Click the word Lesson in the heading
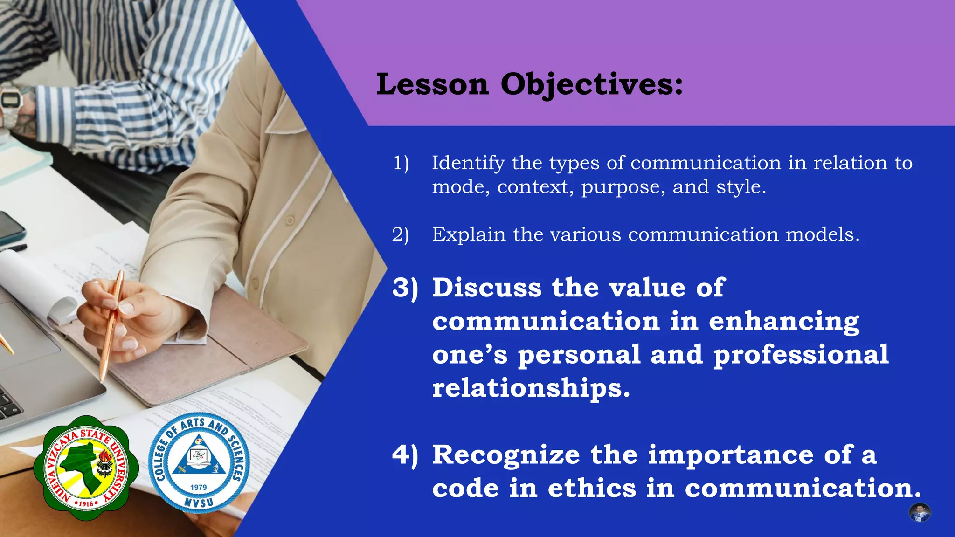click(x=432, y=85)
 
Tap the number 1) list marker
click(x=401, y=163)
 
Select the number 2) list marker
click(x=400, y=234)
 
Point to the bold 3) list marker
click(x=405, y=288)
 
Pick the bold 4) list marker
click(x=405, y=455)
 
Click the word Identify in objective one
click(x=468, y=164)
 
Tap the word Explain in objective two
click(x=469, y=234)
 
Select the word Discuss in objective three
click(x=487, y=288)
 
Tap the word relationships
click(x=531, y=388)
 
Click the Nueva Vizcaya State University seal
click(x=86, y=468)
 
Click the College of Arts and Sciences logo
click(x=199, y=463)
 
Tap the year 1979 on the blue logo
click(x=198, y=487)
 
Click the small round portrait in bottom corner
click(x=920, y=513)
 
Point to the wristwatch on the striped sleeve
click(x=10, y=101)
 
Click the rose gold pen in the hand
click(x=111, y=322)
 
